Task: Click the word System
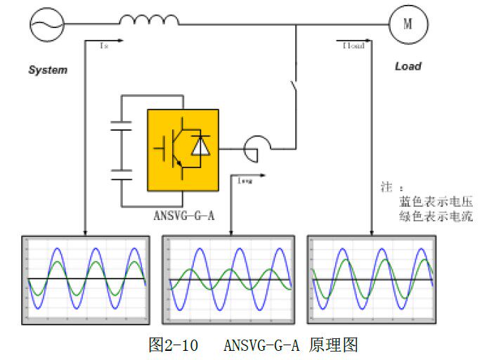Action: pos(48,70)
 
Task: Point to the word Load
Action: pos(407,66)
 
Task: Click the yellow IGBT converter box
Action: pos(182,150)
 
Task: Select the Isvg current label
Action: pos(245,181)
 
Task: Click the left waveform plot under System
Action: pos(86,279)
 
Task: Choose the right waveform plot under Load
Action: pos(372,279)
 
